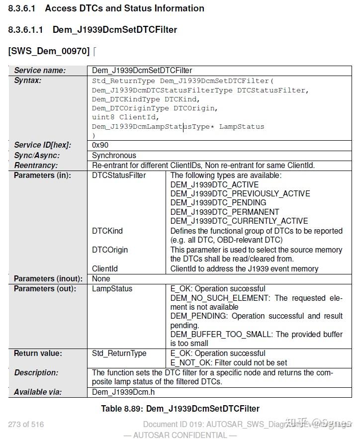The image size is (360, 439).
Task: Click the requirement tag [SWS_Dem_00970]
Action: click(x=49, y=51)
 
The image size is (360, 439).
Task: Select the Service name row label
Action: click(x=40, y=70)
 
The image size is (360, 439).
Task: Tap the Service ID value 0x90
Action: click(x=100, y=145)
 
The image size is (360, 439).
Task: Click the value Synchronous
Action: click(x=114, y=155)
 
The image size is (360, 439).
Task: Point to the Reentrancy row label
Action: click(x=36, y=165)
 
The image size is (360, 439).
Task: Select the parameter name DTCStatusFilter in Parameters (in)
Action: click(x=119, y=176)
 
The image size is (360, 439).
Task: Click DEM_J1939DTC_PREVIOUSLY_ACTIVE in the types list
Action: click(x=240, y=193)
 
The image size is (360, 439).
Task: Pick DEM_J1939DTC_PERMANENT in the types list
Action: click(x=225, y=212)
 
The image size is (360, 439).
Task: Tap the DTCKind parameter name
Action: click(x=107, y=231)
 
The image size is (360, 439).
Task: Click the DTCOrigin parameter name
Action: click(x=110, y=250)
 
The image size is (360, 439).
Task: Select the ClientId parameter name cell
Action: click(x=105, y=268)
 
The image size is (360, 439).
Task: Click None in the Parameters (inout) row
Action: click(x=101, y=278)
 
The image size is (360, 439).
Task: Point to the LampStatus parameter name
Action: click(x=112, y=288)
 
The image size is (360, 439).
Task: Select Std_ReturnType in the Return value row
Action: click(x=119, y=353)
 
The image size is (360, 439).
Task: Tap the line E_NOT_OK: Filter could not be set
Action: click(x=229, y=363)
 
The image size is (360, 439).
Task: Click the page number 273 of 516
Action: click(x=26, y=424)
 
